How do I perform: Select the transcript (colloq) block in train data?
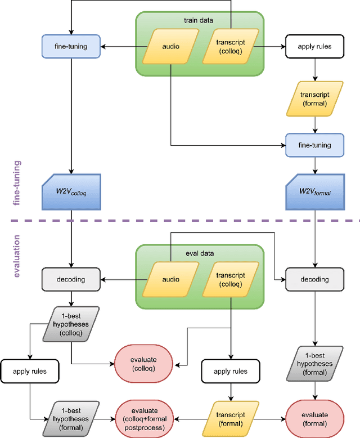click(231, 46)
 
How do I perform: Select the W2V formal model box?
click(314, 191)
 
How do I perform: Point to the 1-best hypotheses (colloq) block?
click(71, 323)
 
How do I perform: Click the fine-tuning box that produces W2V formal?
click(314, 145)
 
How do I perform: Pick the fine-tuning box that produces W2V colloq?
click(71, 46)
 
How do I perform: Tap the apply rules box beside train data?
click(314, 46)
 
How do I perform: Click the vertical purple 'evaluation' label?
click(16, 257)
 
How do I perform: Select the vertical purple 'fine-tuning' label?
click(16, 182)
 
